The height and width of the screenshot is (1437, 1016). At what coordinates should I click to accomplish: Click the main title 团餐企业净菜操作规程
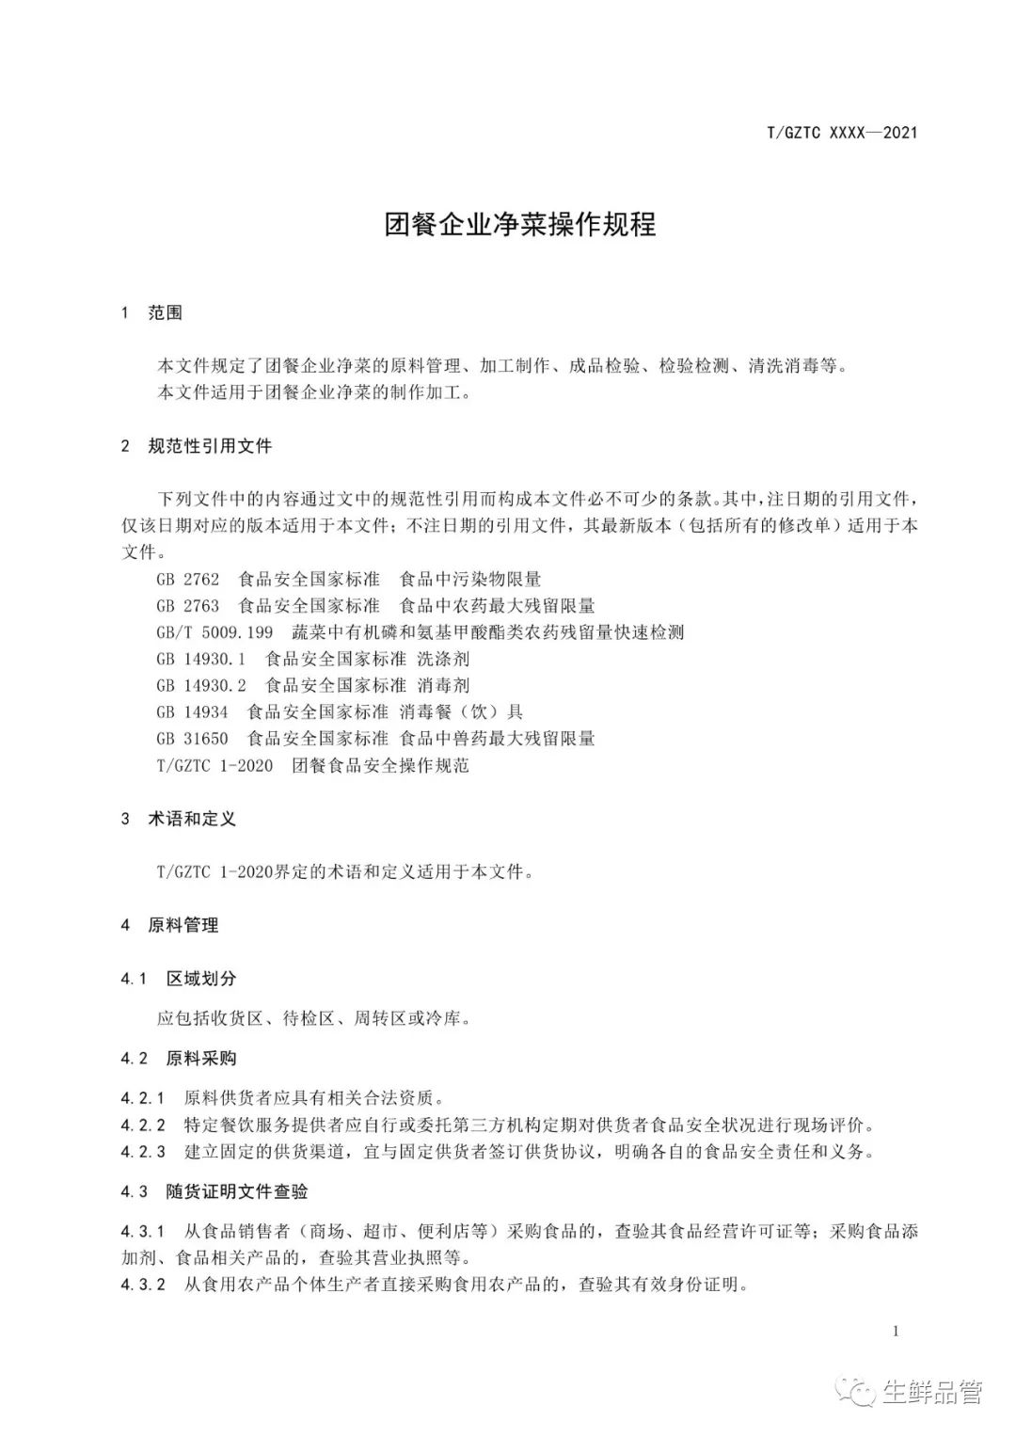pos(520,224)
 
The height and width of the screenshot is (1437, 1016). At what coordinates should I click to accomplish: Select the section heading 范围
pos(165,312)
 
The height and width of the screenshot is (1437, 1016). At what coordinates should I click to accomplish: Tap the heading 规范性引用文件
pos(210,445)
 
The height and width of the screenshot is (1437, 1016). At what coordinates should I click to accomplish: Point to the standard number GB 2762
pos(188,579)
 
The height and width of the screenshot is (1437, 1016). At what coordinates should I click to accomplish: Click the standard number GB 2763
pos(188,605)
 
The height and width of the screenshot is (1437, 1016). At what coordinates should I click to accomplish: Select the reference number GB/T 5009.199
pos(214,631)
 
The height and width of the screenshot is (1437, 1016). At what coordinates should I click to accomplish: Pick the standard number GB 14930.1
pos(201,659)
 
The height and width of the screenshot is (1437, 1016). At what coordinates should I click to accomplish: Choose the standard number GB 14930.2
pos(201,685)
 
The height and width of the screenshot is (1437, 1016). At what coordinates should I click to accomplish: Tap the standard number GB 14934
pos(192,711)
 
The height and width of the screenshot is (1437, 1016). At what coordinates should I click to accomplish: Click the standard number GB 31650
pos(192,738)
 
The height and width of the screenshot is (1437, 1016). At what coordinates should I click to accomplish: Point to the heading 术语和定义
pos(192,818)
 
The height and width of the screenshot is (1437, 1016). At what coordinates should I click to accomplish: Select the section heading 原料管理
pos(183,925)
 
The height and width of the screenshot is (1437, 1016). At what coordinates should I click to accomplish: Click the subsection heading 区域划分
pos(201,979)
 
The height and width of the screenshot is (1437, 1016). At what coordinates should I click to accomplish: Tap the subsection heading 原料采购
pos(201,1058)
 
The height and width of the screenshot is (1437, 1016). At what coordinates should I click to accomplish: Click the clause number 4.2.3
pos(143,1151)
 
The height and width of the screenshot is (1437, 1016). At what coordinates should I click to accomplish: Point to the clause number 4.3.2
pos(143,1284)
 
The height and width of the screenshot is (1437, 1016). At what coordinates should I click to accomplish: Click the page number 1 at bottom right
pos(896,1331)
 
